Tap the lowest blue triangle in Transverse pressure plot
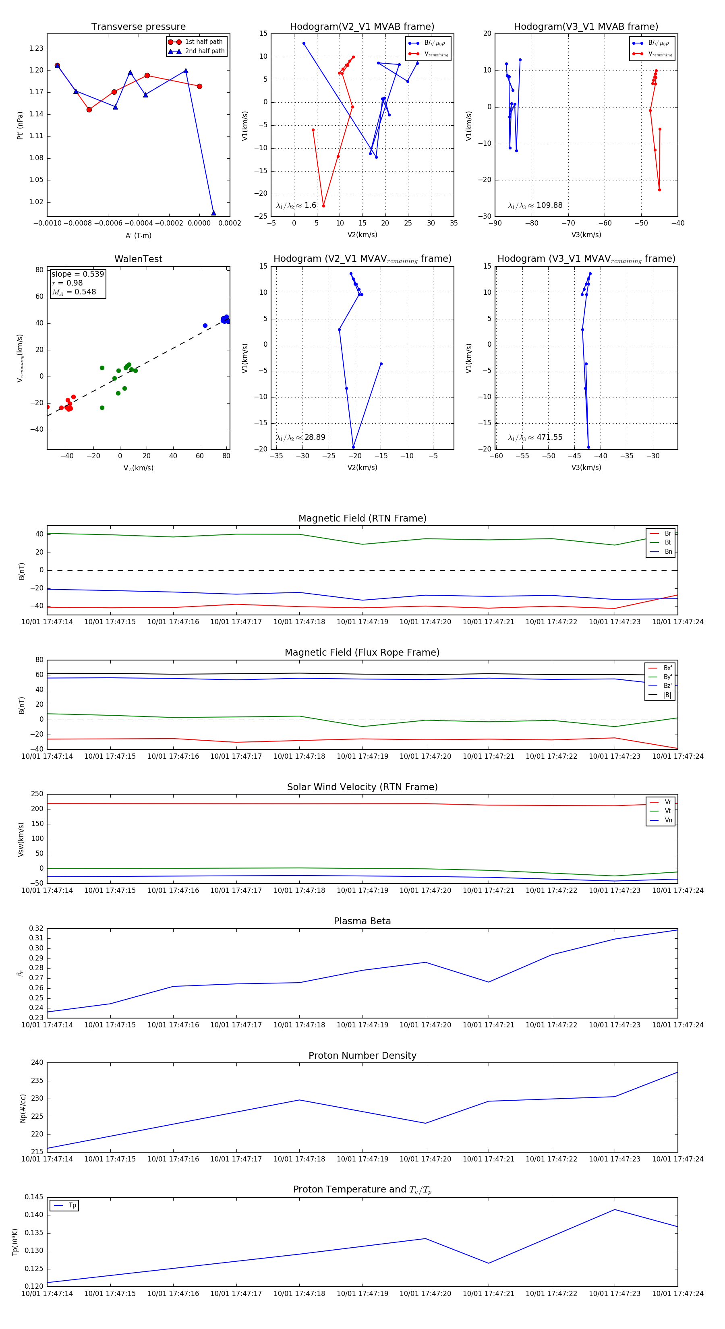[213, 213]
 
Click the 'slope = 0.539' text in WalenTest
[77, 274]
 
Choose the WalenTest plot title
[138, 259]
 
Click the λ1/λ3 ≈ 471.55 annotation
[535, 437]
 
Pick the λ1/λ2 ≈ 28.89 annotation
[300, 437]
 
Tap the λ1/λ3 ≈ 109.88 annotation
[535, 205]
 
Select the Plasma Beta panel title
[362, 921]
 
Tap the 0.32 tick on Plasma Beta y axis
[36, 928]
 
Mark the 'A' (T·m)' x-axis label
[138, 235]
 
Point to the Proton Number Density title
[362, 1055]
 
